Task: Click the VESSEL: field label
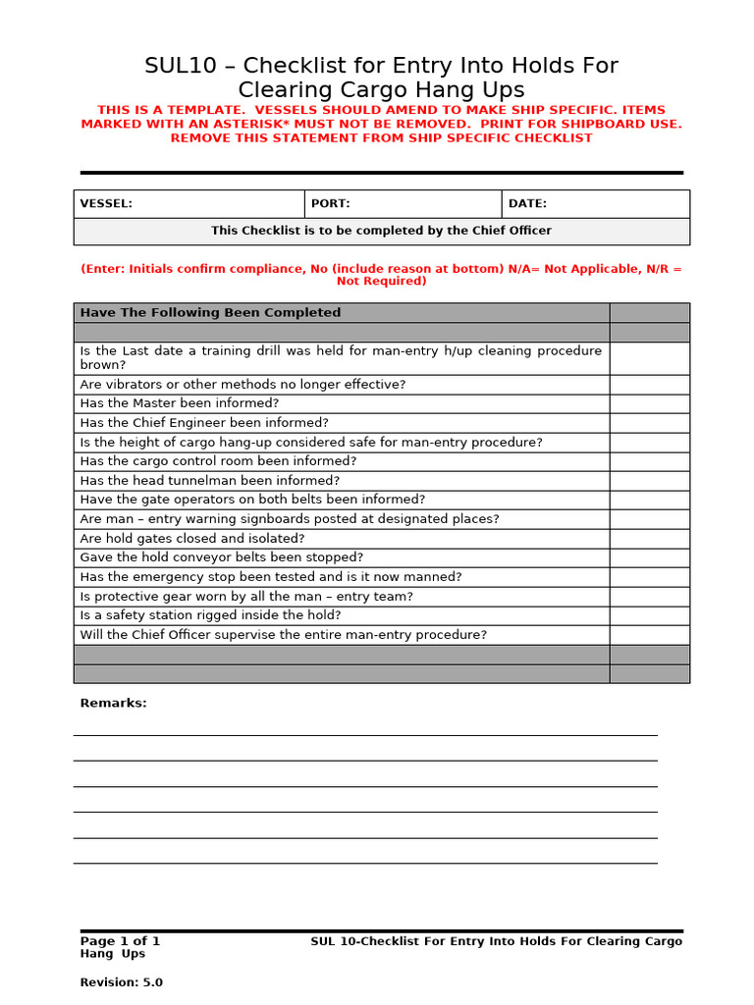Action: tap(106, 204)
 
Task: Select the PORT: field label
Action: tap(330, 204)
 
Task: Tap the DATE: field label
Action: tap(527, 204)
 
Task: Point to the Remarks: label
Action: tap(113, 703)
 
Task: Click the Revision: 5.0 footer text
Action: tap(122, 982)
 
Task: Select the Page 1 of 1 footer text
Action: tap(120, 941)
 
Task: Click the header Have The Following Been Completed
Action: tap(210, 313)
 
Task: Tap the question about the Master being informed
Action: tap(180, 403)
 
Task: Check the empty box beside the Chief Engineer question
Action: tap(649, 423)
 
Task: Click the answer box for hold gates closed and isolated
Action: tap(649, 538)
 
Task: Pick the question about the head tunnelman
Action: tap(210, 481)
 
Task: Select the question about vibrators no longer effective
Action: tap(242, 384)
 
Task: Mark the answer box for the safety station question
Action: tap(649, 615)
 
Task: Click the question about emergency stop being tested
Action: tap(271, 577)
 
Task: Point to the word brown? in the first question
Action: tap(100, 364)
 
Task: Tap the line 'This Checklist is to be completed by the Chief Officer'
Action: tap(381, 231)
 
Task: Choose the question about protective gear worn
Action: tap(246, 596)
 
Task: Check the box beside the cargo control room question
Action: tap(649, 461)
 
